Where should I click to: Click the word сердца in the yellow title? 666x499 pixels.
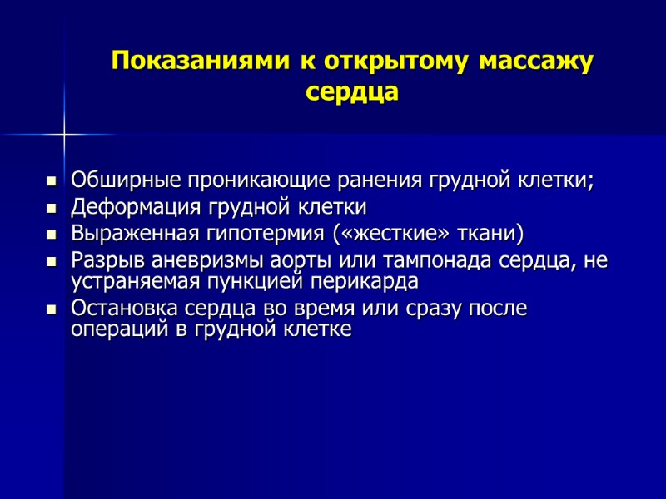[x=352, y=91]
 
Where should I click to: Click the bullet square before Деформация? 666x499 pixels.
[x=52, y=207]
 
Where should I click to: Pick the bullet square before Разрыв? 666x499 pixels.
[x=52, y=260]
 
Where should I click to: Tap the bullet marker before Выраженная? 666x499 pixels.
[x=52, y=234]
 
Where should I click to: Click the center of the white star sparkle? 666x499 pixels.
[x=64, y=133]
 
